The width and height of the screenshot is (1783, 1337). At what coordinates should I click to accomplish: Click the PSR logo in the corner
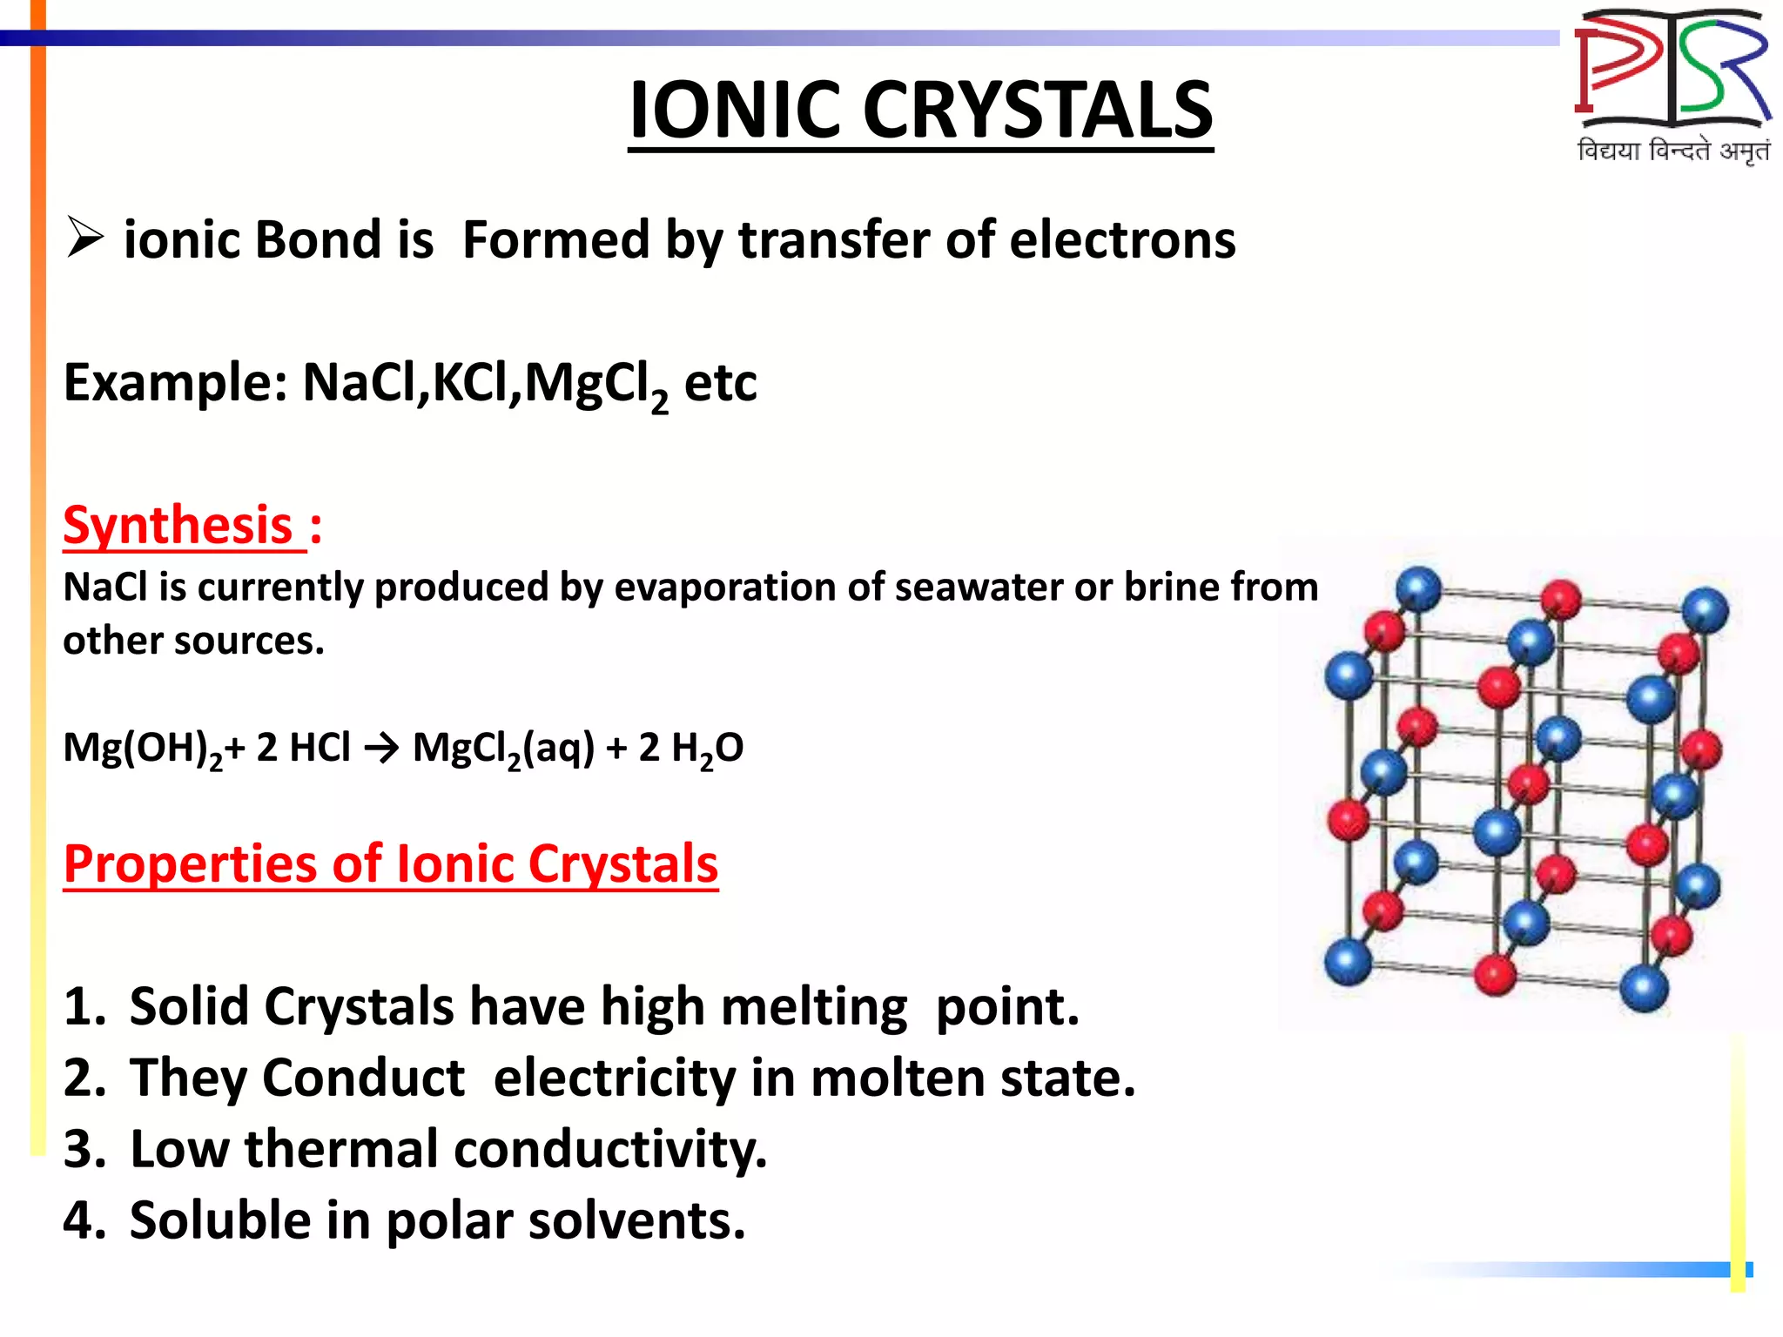pyautogui.click(x=1672, y=70)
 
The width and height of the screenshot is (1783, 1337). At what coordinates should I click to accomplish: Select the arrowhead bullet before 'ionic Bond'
pyautogui.click(x=84, y=239)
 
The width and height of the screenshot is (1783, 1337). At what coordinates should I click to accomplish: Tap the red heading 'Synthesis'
pyautogui.click(x=178, y=525)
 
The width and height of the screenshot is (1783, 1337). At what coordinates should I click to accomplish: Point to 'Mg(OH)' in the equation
pyautogui.click(x=136, y=747)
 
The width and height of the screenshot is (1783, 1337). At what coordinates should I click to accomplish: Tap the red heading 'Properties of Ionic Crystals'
pyautogui.click(x=391, y=863)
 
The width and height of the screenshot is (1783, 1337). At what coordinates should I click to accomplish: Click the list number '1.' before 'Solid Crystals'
pyautogui.click(x=84, y=1007)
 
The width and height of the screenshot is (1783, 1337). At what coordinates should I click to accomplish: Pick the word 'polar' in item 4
pyautogui.click(x=449, y=1220)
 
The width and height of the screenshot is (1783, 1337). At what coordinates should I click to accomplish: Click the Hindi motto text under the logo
pyautogui.click(x=1672, y=151)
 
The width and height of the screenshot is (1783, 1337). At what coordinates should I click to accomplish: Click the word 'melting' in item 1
pyautogui.click(x=813, y=1007)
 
